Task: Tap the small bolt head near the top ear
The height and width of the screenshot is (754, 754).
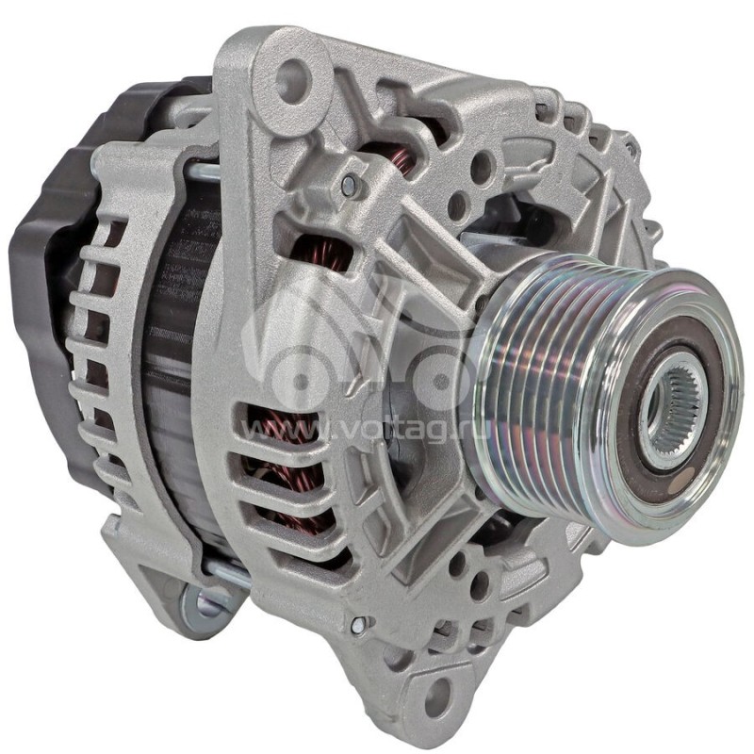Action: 351,187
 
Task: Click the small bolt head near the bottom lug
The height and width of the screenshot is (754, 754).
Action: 359,624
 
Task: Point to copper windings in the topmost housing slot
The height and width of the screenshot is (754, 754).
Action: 401,160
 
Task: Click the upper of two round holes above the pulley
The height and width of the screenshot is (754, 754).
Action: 482,168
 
